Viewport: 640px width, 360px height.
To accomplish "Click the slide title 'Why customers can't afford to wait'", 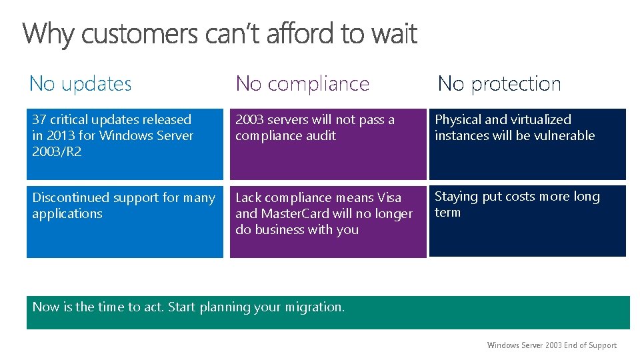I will (220, 33).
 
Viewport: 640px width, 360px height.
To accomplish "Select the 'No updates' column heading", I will (81, 83).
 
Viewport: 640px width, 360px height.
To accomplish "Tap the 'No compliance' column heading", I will (302, 83).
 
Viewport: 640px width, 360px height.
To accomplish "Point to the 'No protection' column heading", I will (499, 83).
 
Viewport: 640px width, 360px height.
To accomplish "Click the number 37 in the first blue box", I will (39, 120).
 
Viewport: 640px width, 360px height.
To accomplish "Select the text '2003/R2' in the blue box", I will (57, 152).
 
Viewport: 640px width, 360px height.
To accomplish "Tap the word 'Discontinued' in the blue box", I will (71, 198).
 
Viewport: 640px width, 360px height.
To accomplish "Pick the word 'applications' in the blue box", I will (67, 214).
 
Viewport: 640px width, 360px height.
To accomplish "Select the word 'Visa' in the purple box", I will (389, 198).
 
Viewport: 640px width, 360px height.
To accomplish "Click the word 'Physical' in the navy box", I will (458, 120).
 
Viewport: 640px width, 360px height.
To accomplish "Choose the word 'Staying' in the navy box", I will (457, 197).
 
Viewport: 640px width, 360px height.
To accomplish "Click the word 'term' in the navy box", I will (447, 213).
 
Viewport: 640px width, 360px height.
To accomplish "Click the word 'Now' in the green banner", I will (45, 307).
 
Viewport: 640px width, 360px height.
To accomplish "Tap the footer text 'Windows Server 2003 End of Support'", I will (551, 345).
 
